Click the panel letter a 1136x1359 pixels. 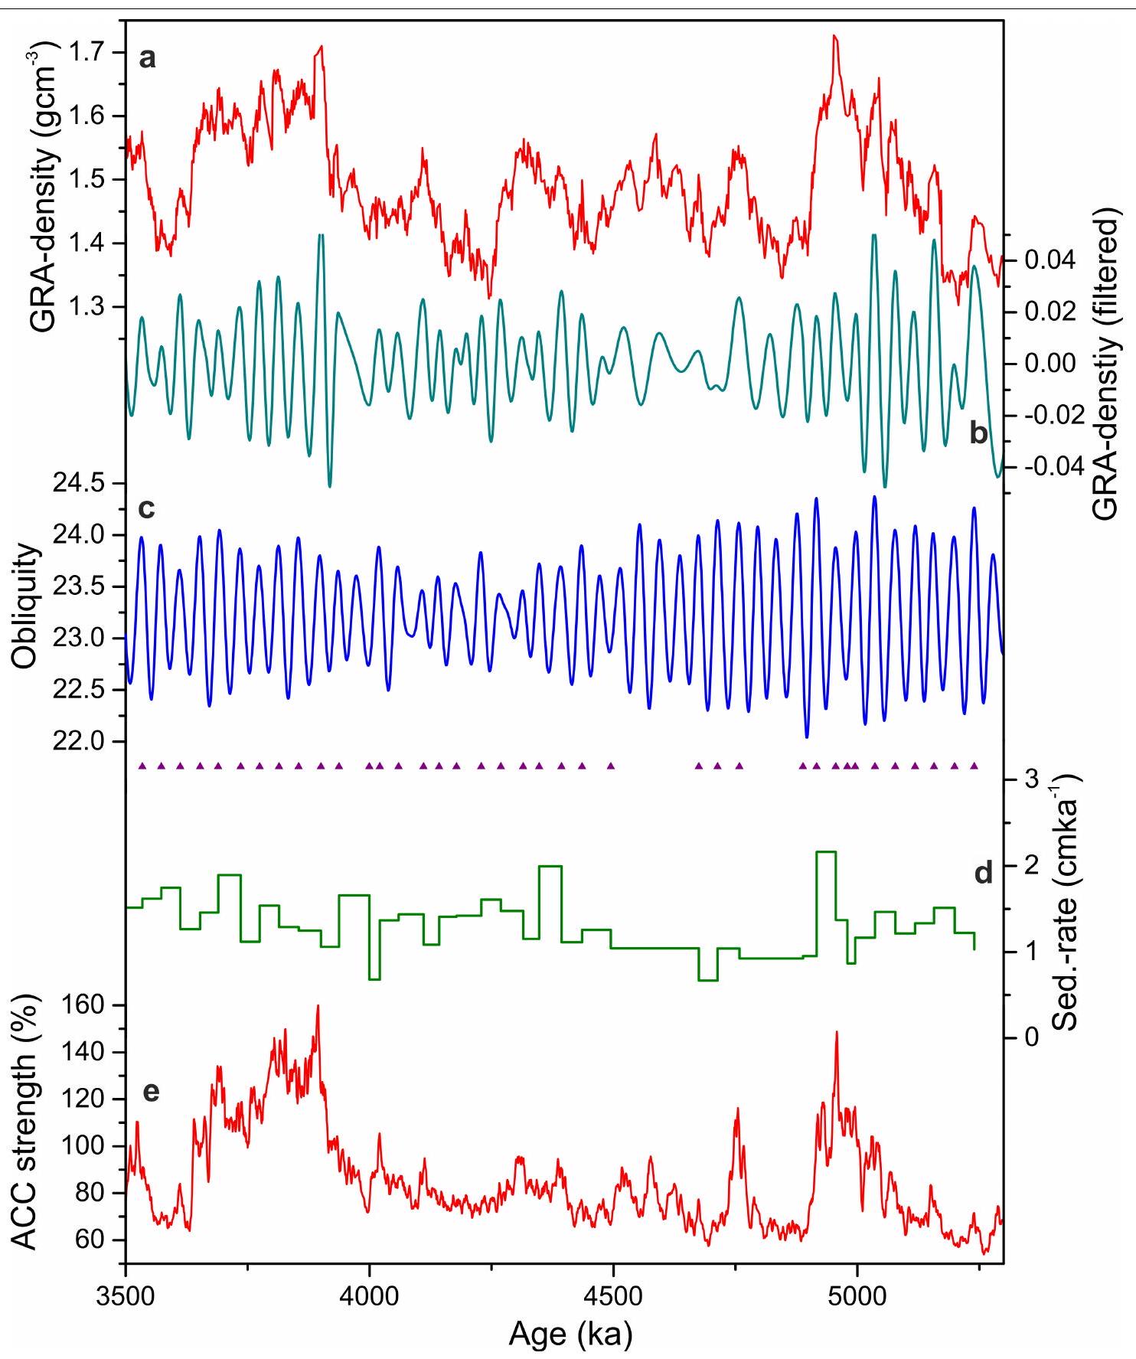tap(148, 58)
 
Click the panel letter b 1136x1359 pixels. tap(979, 435)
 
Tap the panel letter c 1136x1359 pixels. tap(147, 508)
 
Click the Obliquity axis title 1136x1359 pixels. tap(29, 606)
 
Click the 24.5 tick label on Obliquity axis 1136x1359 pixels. tap(76, 484)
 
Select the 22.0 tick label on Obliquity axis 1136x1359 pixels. tap(76, 741)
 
